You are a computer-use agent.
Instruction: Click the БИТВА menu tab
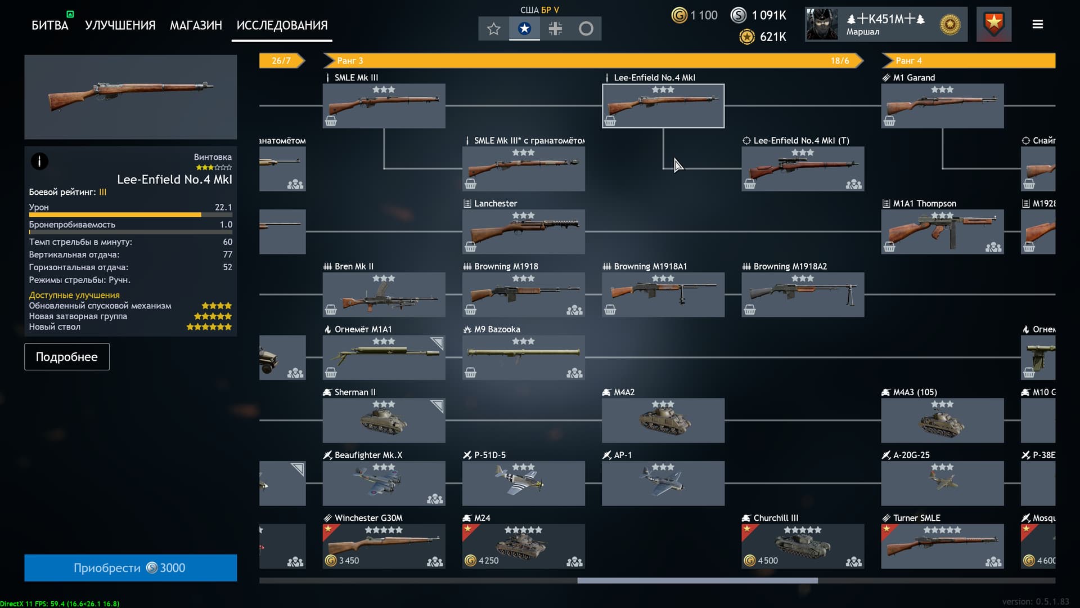click(x=49, y=25)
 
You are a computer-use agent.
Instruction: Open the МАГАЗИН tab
click(x=196, y=25)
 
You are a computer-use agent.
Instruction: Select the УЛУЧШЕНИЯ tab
click(x=120, y=25)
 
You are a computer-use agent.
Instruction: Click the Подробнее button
click(x=67, y=357)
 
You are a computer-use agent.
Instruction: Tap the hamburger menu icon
click(x=1038, y=24)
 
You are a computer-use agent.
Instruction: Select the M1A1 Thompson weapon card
click(x=942, y=231)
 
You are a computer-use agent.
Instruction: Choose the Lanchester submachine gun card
click(x=523, y=231)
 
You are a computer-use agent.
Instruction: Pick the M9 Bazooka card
click(x=523, y=357)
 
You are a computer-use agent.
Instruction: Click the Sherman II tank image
click(x=384, y=421)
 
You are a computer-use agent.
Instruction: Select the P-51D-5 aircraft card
click(x=523, y=483)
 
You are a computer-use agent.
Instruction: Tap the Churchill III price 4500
click(x=767, y=561)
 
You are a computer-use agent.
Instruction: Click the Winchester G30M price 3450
click(x=348, y=561)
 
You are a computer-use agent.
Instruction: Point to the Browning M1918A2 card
click(x=803, y=294)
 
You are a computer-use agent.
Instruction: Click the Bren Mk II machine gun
click(x=384, y=294)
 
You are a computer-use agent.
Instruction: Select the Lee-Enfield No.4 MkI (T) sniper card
click(x=803, y=168)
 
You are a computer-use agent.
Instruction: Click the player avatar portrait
click(x=822, y=24)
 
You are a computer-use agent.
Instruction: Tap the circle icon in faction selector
click(x=586, y=29)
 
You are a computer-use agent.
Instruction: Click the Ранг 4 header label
click(x=908, y=61)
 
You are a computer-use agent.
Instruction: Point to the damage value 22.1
click(x=223, y=207)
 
